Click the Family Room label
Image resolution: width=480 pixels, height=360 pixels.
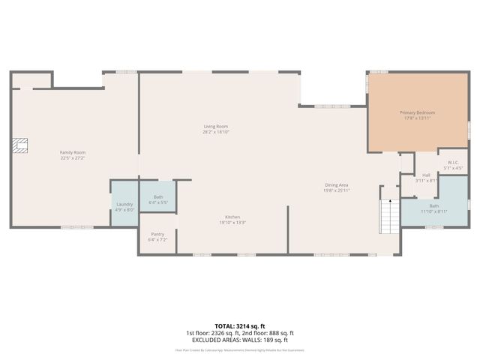coord(73,152)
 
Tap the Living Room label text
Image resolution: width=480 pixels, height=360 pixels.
coord(216,126)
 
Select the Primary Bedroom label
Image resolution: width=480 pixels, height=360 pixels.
coord(417,112)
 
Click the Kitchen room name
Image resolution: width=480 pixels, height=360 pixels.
coord(232,217)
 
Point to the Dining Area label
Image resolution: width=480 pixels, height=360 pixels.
coord(336,184)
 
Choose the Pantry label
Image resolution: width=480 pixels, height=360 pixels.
coord(157,234)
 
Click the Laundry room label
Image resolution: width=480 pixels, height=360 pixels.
coord(124,204)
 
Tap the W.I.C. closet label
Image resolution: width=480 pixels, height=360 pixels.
coord(453,162)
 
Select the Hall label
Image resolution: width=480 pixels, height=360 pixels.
coord(426,175)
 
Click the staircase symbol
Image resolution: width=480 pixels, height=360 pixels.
coord(389,216)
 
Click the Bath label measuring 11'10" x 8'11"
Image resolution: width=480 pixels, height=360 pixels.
coord(434,205)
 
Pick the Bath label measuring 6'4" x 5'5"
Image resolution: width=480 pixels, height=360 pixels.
coord(157,197)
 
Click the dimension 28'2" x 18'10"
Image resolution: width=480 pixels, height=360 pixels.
coord(216,132)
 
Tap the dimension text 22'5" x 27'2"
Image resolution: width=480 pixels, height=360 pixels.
coord(73,158)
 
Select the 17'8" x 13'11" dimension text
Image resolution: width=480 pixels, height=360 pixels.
coord(417,118)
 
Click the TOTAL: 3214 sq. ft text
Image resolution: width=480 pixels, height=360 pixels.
coord(240,326)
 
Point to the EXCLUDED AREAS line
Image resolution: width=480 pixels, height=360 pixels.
coord(240,340)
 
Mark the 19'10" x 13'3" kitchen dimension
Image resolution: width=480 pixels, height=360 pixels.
coord(232,223)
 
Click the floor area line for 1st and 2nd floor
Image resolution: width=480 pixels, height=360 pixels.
coord(240,333)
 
